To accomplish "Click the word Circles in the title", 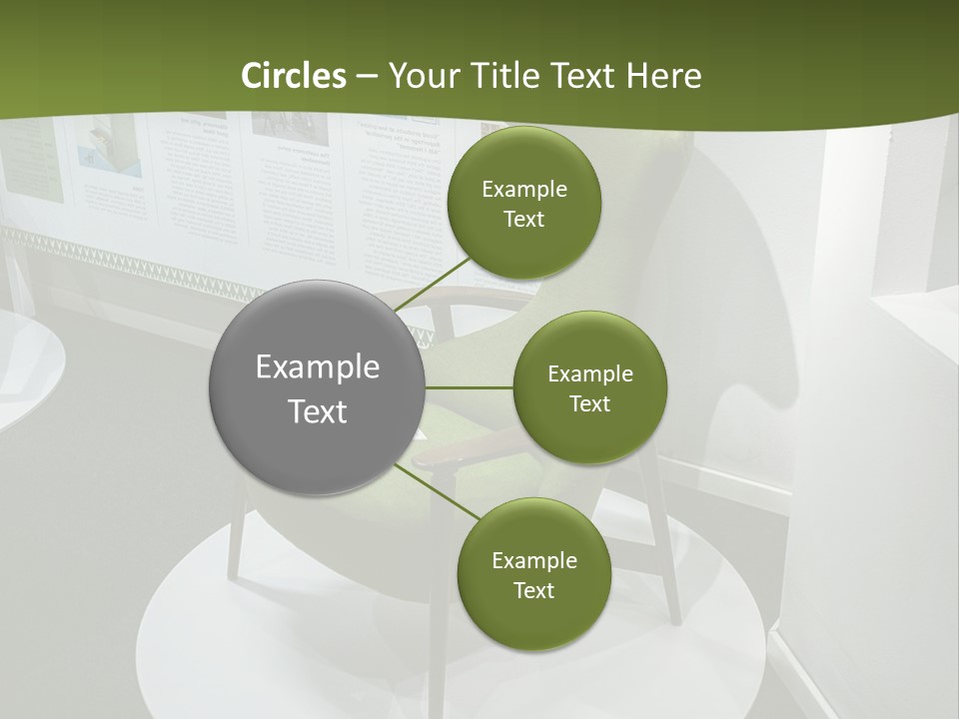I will tap(294, 76).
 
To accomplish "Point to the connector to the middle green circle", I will tap(469, 387).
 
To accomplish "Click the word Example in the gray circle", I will tap(318, 367).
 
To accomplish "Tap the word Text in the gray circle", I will tap(318, 411).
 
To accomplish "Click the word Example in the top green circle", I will tap(524, 190).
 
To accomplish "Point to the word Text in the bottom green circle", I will tap(533, 590).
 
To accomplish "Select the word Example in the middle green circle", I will tap(590, 374).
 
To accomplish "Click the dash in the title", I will tap(366, 76).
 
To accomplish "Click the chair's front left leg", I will tap(237, 539).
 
